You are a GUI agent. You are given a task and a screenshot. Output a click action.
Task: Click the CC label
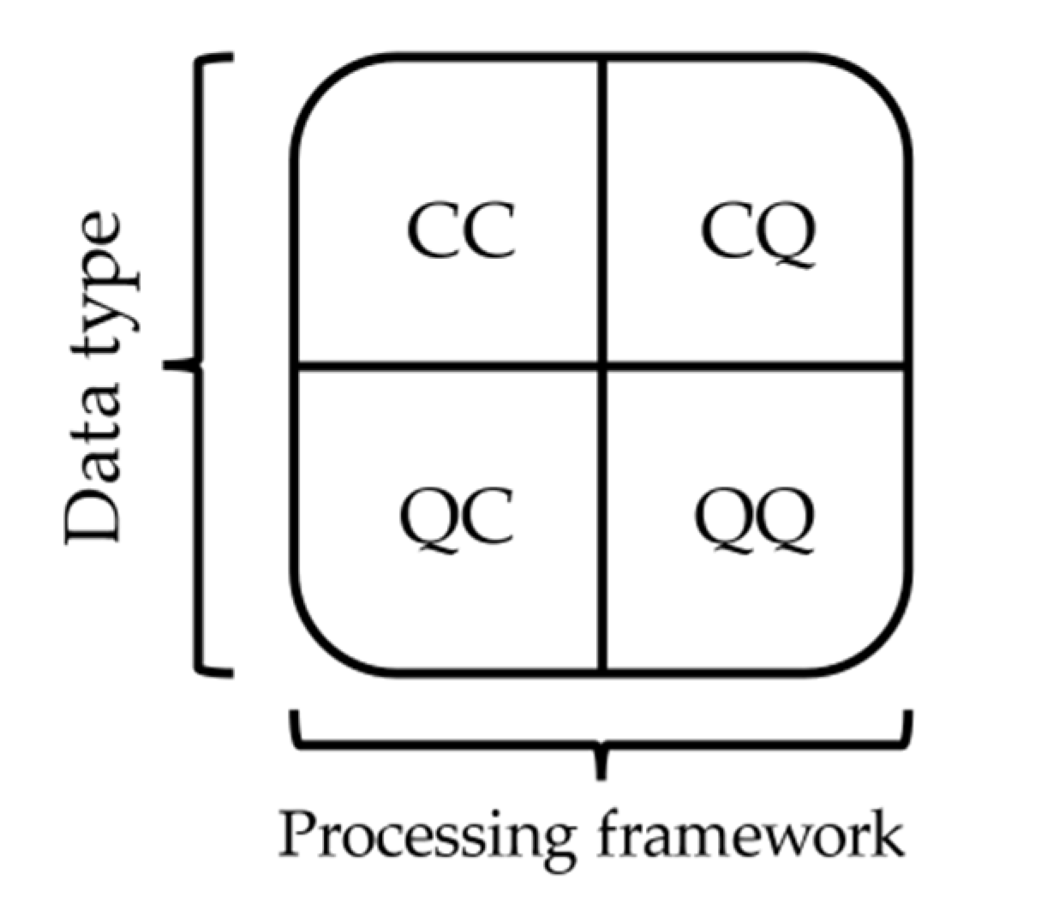[461, 231]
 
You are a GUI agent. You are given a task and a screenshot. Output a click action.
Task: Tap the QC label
[457, 518]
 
